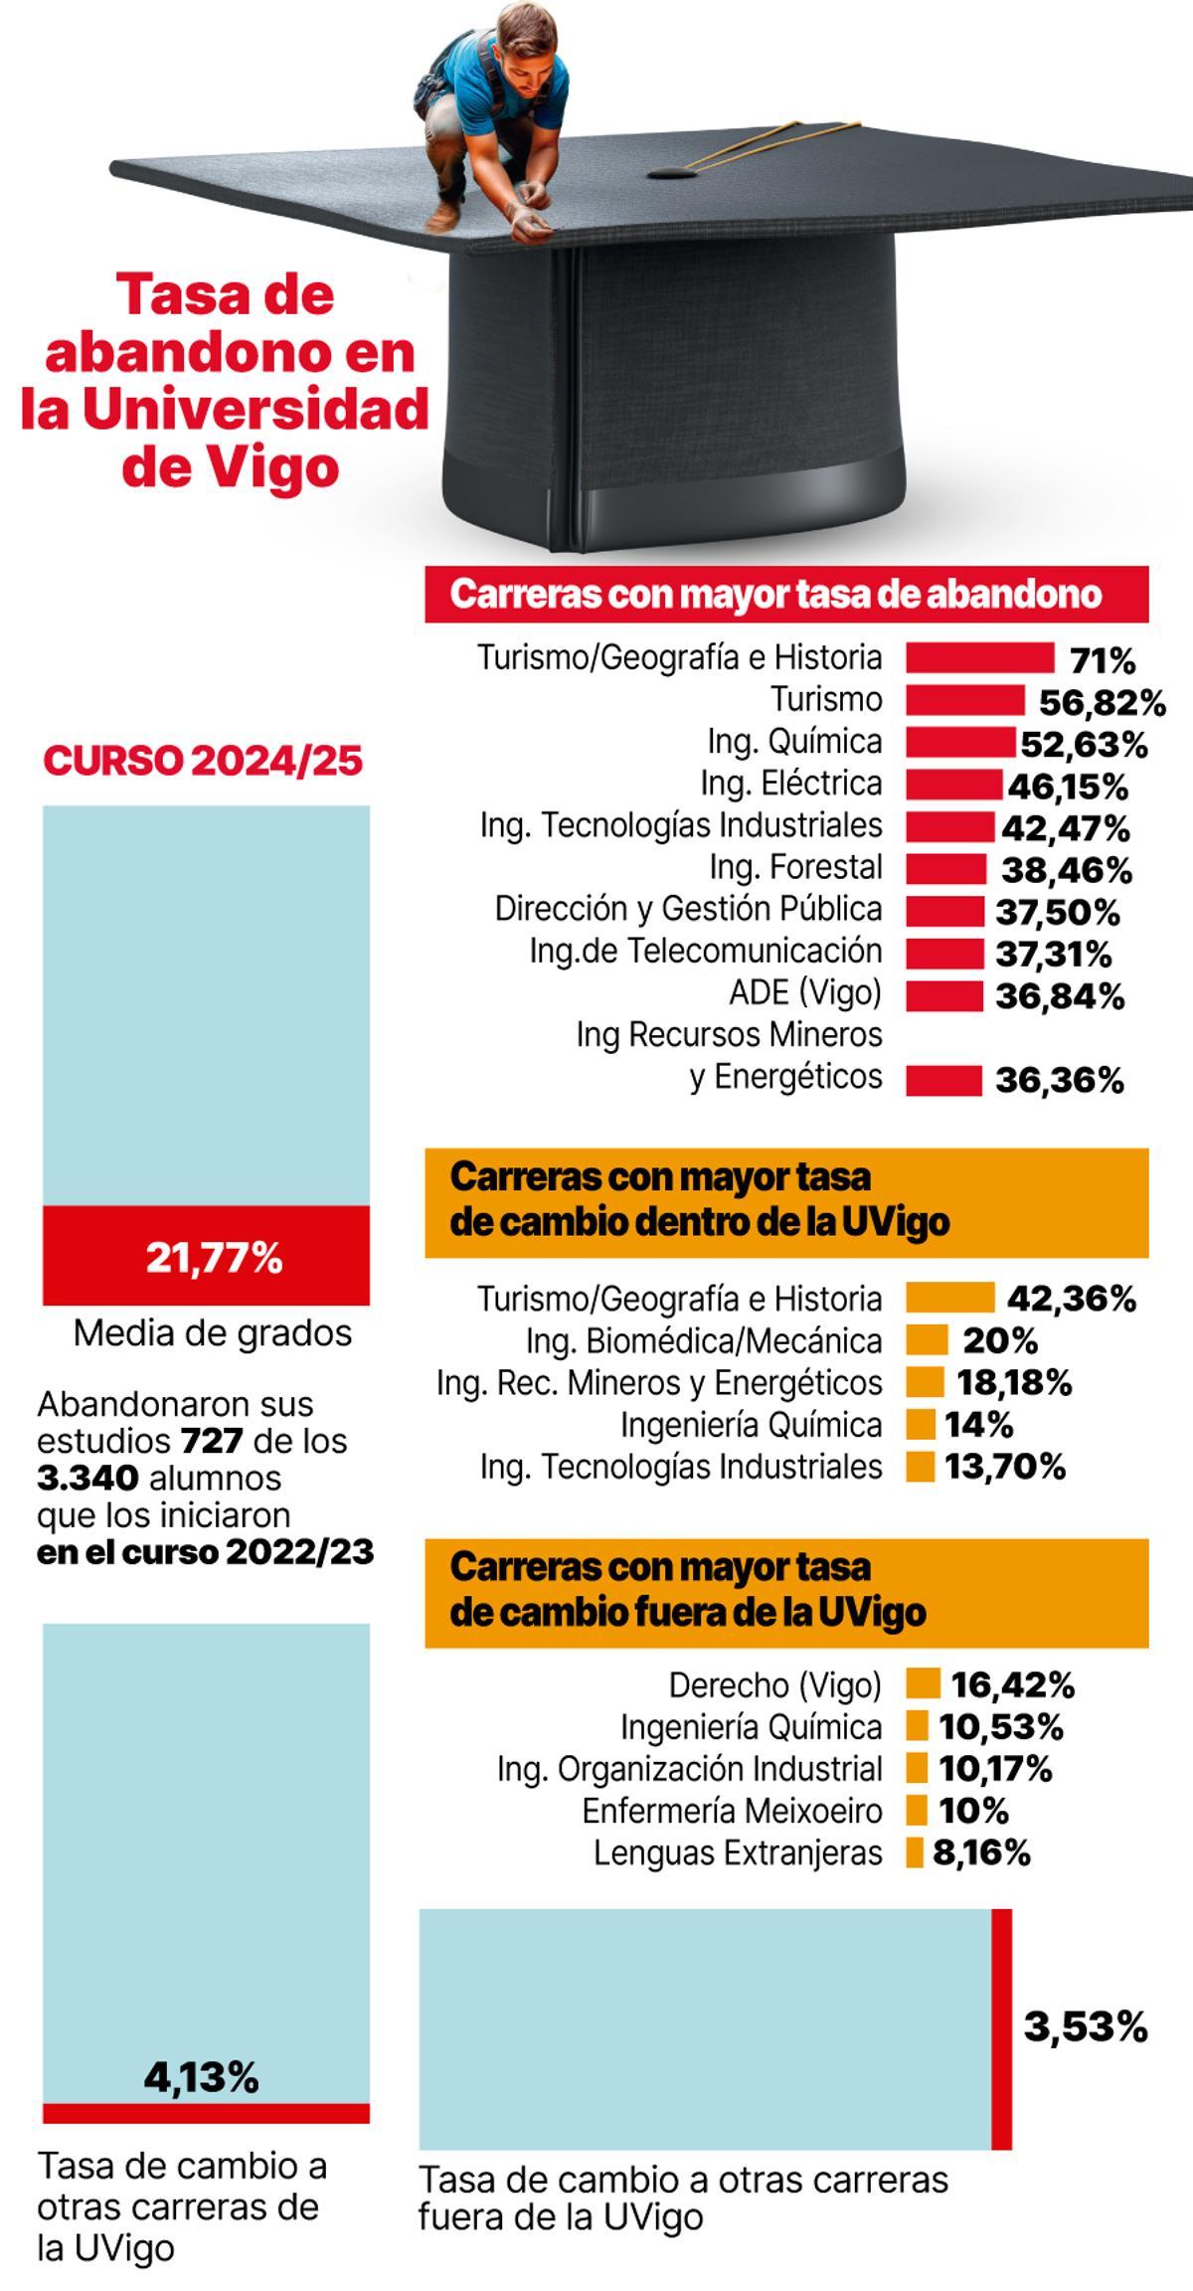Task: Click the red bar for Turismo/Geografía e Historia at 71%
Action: coord(979,658)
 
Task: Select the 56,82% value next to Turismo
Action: coord(1102,703)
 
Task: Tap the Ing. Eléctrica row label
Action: coord(790,784)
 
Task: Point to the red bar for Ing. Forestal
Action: coord(945,868)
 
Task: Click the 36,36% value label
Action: coord(1059,1080)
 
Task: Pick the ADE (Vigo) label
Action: coord(805,992)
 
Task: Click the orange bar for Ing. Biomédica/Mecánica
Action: coord(926,1340)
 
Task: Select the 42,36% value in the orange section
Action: coord(1071,1299)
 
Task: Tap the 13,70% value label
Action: coord(1004,1467)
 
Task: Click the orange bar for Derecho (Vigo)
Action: coord(923,1683)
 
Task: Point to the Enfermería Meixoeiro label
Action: coord(732,1811)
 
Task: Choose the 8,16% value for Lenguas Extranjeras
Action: coord(980,1852)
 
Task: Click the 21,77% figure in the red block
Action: coord(214,1258)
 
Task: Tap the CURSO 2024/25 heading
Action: coord(204,761)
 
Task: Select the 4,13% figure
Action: coord(202,2077)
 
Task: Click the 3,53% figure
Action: coord(1085,2027)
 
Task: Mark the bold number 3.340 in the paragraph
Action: coord(87,1478)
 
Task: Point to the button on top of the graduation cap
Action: coord(672,174)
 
